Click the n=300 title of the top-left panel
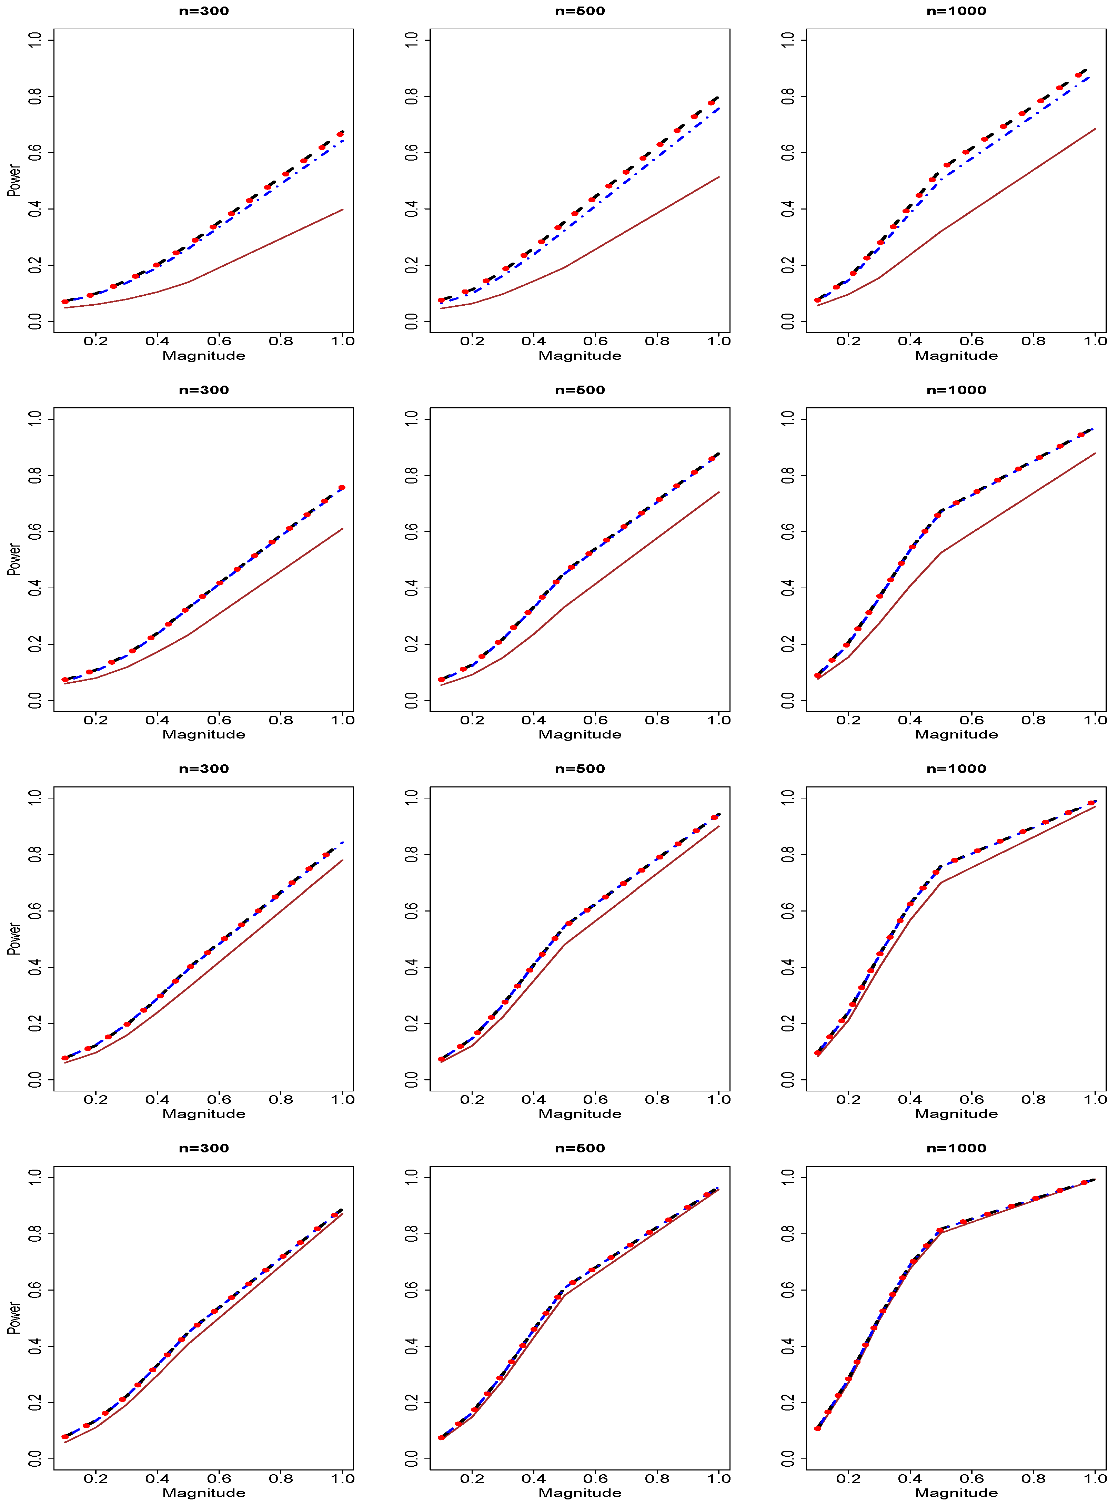(204, 11)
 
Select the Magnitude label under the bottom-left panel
(204, 1493)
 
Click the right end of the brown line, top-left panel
(343, 210)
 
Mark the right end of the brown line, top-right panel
(1095, 129)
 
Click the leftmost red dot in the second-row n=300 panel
(65, 680)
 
